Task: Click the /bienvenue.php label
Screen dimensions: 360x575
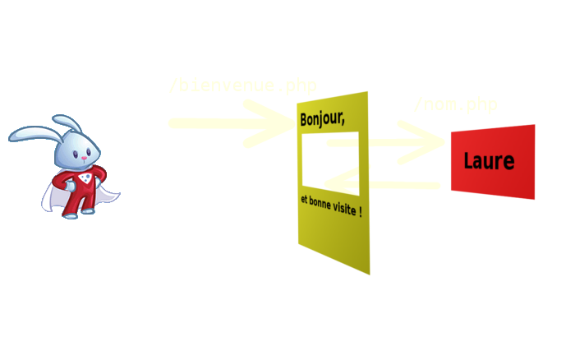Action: click(x=242, y=85)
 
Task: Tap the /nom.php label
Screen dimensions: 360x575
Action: click(x=455, y=104)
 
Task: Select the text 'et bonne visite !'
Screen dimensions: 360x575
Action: click(x=331, y=205)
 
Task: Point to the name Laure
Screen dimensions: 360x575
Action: click(x=489, y=161)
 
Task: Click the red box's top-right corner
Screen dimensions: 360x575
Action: click(x=534, y=126)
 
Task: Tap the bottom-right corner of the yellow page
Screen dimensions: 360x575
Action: click(x=369, y=274)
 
